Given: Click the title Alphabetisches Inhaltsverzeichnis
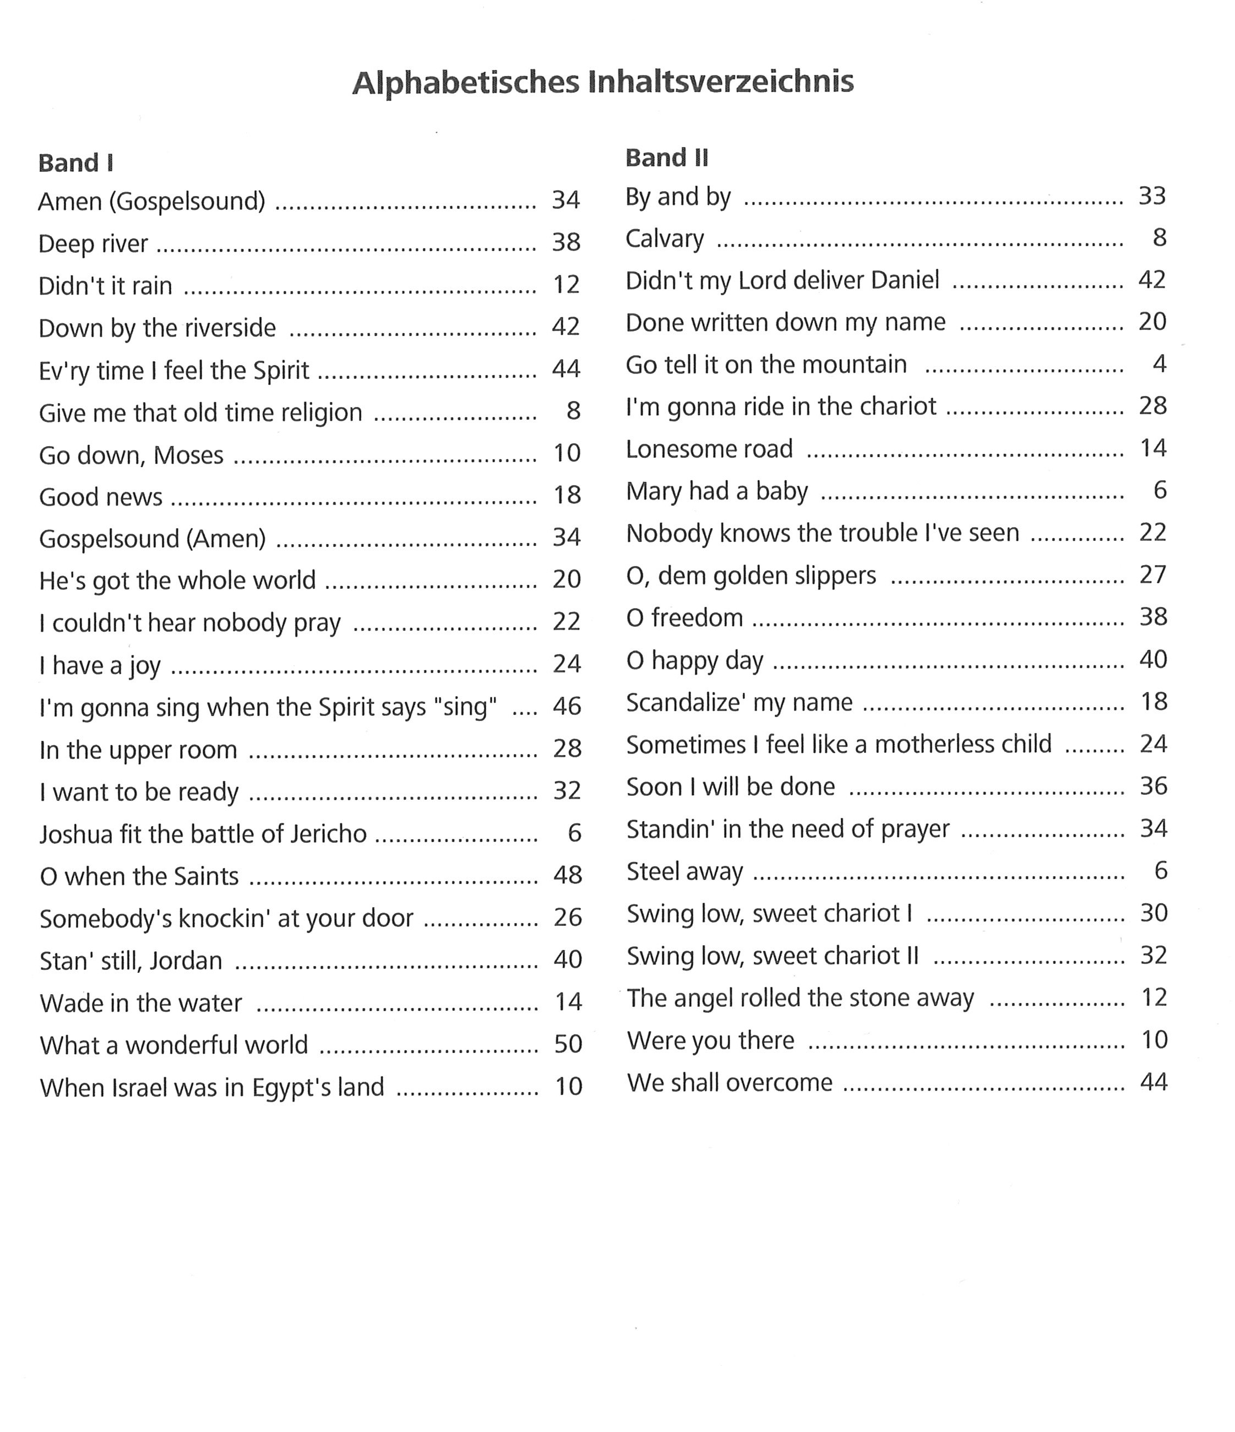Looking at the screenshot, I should coord(603,82).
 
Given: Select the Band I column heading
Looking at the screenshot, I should coord(76,164).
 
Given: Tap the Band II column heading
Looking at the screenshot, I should coord(666,158).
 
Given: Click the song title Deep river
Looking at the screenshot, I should coord(93,244).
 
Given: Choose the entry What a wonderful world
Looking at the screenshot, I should coord(173,1045).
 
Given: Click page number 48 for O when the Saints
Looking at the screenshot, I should coord(567,875).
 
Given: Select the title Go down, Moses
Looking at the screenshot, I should coord(131,455).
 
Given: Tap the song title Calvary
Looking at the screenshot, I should coord(664,238).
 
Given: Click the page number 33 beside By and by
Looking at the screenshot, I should coord(1151,196).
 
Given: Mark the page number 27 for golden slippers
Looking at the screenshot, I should coord(1152,575).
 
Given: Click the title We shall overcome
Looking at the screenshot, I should coord(729,1082).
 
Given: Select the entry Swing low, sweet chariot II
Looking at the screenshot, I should coord(772,956).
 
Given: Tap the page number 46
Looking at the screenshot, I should coord(567,706).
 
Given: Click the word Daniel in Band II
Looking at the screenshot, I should coord(905,280).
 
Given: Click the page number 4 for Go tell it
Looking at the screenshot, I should coord(1159,364).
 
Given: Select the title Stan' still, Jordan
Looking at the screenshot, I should coord(130,961).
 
